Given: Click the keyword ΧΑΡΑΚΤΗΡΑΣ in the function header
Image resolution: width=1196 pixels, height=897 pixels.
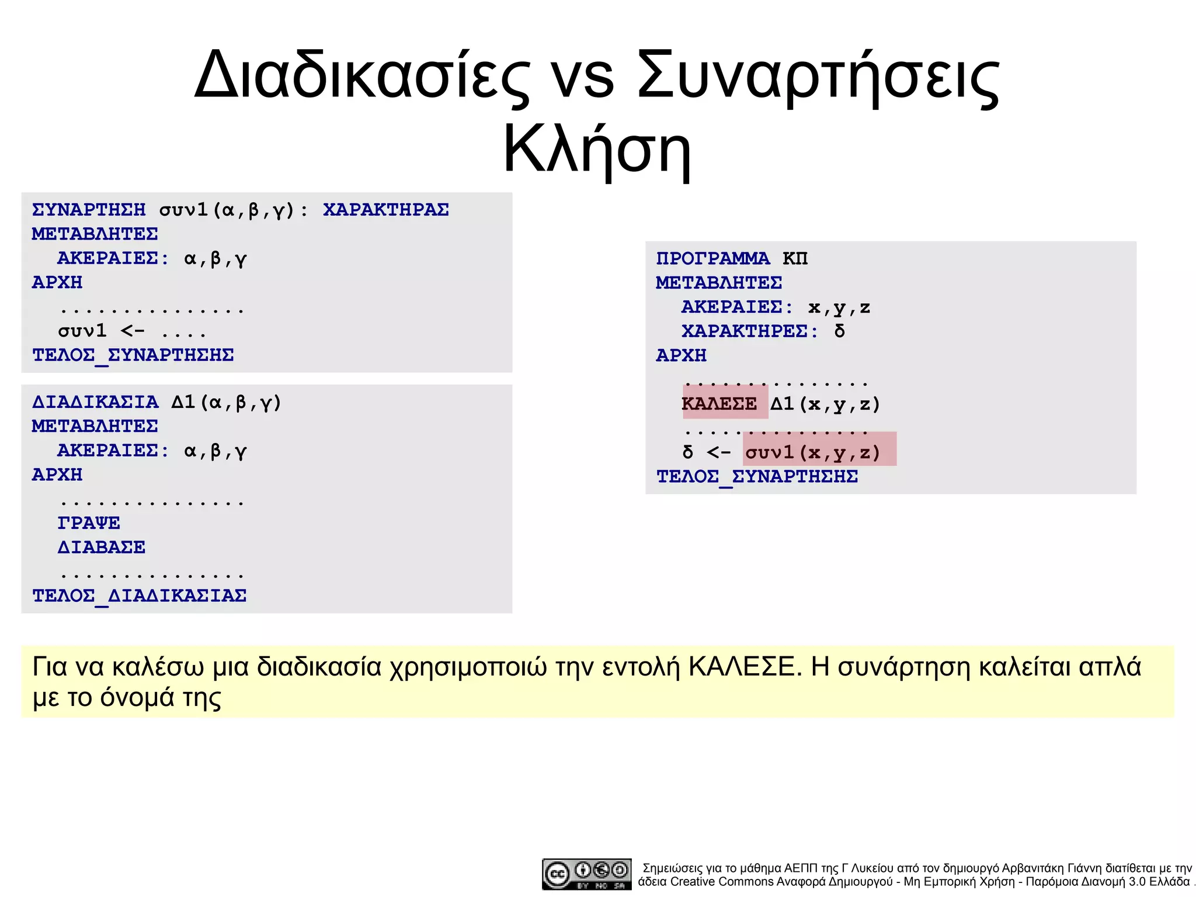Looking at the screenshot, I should click(x=386, y=210).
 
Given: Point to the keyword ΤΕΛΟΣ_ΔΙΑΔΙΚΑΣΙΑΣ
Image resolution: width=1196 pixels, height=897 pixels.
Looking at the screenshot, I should click(x=139, y=596).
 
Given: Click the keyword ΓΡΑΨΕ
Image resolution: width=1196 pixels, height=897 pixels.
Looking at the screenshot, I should click(x=89, y=523).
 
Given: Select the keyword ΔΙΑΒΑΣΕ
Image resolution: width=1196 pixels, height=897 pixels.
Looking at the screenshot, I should click(x=102, y=548).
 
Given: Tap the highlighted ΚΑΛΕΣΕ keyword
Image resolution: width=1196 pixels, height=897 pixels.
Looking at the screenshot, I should click(x=719, y=404).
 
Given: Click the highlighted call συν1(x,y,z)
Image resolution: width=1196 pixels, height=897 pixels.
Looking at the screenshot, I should click(x=812, y=452).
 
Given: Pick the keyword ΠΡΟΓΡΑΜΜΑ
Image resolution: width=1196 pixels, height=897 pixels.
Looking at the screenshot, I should click(x=713, y=258).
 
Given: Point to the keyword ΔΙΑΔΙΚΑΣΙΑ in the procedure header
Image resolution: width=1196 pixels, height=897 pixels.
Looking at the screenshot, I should click(x=95, y=402).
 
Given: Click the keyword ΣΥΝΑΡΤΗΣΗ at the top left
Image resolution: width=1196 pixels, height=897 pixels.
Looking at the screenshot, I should click(x=89, y=210).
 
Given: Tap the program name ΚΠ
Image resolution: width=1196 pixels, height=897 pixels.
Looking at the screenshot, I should click(x=795, y=258).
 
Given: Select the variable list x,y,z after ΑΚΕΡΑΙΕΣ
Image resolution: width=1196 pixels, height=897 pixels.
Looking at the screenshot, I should click(x=839, y=307).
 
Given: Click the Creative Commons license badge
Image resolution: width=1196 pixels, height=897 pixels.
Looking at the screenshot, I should click(x=586, y=874).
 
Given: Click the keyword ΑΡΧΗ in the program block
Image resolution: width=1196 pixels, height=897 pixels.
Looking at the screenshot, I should click(x=682, y=355).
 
